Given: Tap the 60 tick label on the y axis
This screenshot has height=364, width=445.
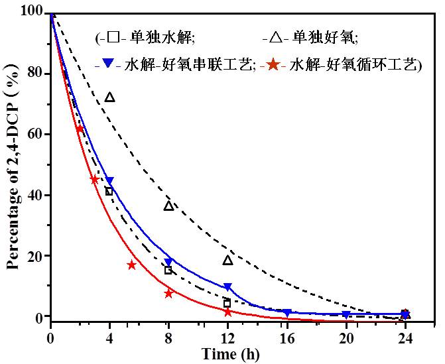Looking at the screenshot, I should point(36,135).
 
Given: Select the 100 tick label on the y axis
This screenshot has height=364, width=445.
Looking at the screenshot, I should point(33,13).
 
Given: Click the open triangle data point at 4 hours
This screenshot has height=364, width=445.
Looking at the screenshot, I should point(109,97).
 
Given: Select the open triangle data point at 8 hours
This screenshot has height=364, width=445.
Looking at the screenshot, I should point(168,206).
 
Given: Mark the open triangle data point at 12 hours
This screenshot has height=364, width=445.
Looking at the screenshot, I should point(227,260).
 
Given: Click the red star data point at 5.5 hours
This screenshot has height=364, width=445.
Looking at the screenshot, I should point(131,265).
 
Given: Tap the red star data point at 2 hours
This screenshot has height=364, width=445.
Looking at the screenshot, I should point(80,129).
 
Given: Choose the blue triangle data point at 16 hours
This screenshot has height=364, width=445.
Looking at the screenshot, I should point(286,312).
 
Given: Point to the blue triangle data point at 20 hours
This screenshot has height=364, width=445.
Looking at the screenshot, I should point(346,314).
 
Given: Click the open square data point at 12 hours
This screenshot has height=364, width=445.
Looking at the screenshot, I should point(227,304).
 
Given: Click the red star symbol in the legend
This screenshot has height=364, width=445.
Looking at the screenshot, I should point(271,66).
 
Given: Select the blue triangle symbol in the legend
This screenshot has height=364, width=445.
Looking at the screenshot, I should point(108,66).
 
